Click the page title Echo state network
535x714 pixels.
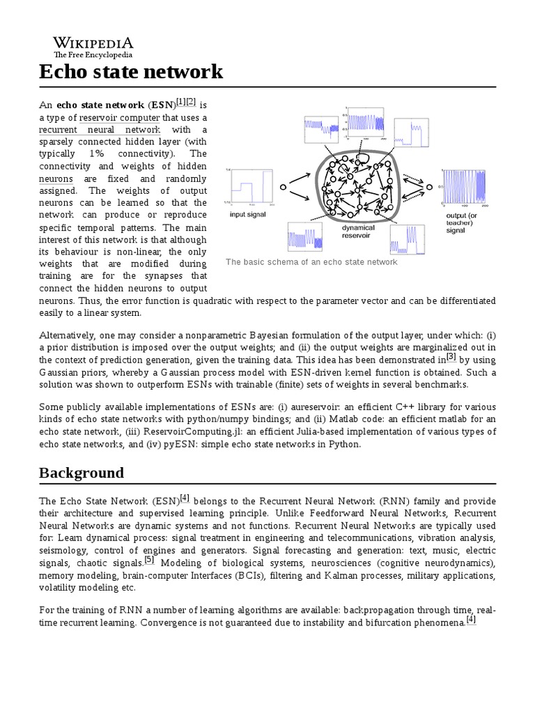[x=131, y=72]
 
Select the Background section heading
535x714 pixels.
[x=82, y=473]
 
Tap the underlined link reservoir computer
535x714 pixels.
[x=119, y=118]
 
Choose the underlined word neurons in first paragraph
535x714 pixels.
[x=56, y=178]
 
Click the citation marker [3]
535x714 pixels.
[x=451, y=357]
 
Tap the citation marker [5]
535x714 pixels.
[x=149, y=560]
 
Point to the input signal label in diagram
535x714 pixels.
[x=248, y=215]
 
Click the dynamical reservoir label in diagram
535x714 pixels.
[x=358, y=231]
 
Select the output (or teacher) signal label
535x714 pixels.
[x=462, y=223]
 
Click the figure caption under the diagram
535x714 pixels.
[x=311, y=262]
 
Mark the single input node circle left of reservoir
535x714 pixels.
[x=283, y=188]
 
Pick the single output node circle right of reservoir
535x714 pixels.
[x=430, y=187]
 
